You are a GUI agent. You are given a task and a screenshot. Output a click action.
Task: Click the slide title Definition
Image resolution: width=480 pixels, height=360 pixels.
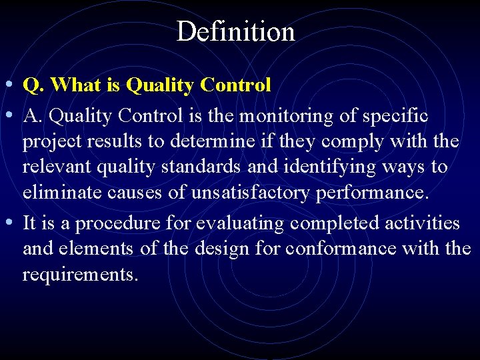(x=235, y=31)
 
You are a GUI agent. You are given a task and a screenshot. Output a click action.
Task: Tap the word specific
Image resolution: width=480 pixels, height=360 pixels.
(x=395, y=116)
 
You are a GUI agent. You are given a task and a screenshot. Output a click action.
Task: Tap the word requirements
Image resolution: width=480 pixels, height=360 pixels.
(x=80, y=274)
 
